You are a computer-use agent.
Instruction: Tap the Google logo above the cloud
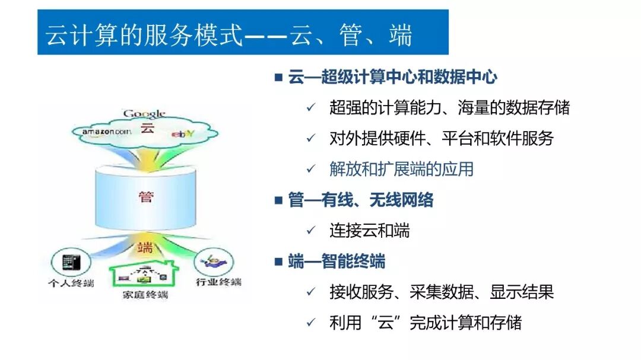tap(144, 114)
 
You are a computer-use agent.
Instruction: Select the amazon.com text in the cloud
tap(106, 131)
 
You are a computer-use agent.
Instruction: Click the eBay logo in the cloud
tap(183, 134)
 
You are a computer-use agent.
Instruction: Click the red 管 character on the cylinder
tap(145, 196)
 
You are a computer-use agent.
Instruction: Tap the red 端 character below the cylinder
tap(145, 247)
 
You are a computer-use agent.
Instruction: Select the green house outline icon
tap(145, 274)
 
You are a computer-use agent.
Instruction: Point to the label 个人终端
tap(71, 282)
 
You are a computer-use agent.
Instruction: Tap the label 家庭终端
tap(145, 294)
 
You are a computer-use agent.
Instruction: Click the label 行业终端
tap(218, 282)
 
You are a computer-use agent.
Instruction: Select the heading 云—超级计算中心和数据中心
tap(392, 77)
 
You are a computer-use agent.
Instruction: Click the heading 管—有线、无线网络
tap(361, 200)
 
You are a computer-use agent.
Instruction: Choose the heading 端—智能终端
tap(337, 262)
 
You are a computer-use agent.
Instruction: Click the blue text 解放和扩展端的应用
tap(401, 169)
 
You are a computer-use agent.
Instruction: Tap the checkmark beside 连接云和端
tap(310, 231)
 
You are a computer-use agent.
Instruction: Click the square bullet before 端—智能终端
tap(278, 262)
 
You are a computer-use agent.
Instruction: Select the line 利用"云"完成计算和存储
tap(425, 323)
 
